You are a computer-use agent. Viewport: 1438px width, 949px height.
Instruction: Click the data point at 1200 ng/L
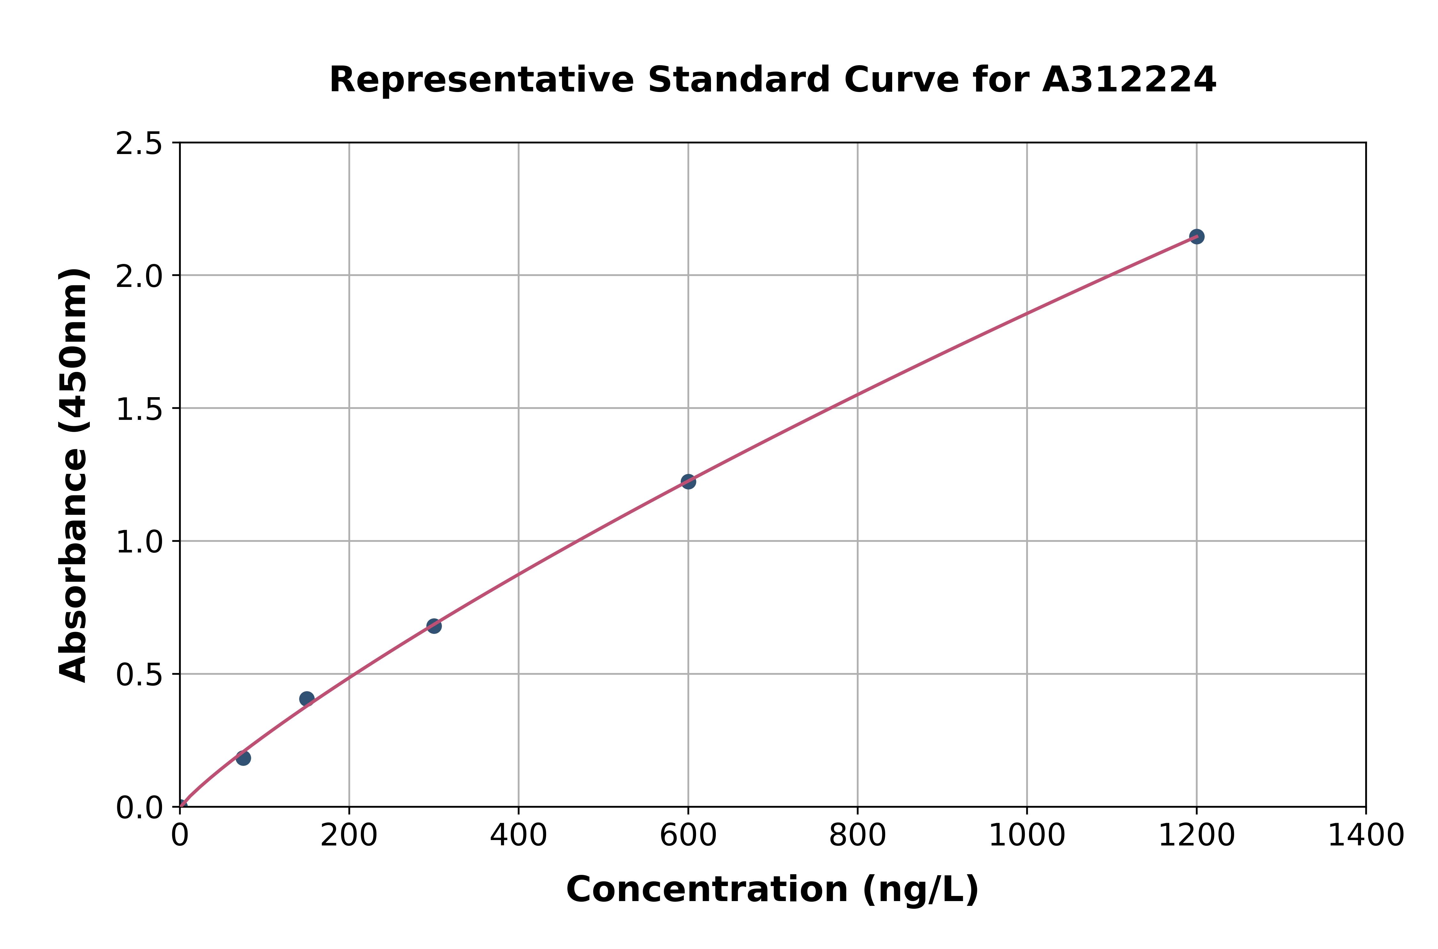tap(1196, 237)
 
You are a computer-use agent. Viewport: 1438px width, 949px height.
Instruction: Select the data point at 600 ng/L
tap(688, 482)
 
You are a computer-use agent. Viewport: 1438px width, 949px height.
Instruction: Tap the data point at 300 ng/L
tap(434, 626)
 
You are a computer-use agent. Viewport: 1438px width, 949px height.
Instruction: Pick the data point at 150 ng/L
tap(307, 699)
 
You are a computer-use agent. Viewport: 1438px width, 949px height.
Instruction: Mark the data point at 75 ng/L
tap(243, 758)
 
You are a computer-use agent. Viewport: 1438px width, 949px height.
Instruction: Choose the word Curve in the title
tap(902, 80)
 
